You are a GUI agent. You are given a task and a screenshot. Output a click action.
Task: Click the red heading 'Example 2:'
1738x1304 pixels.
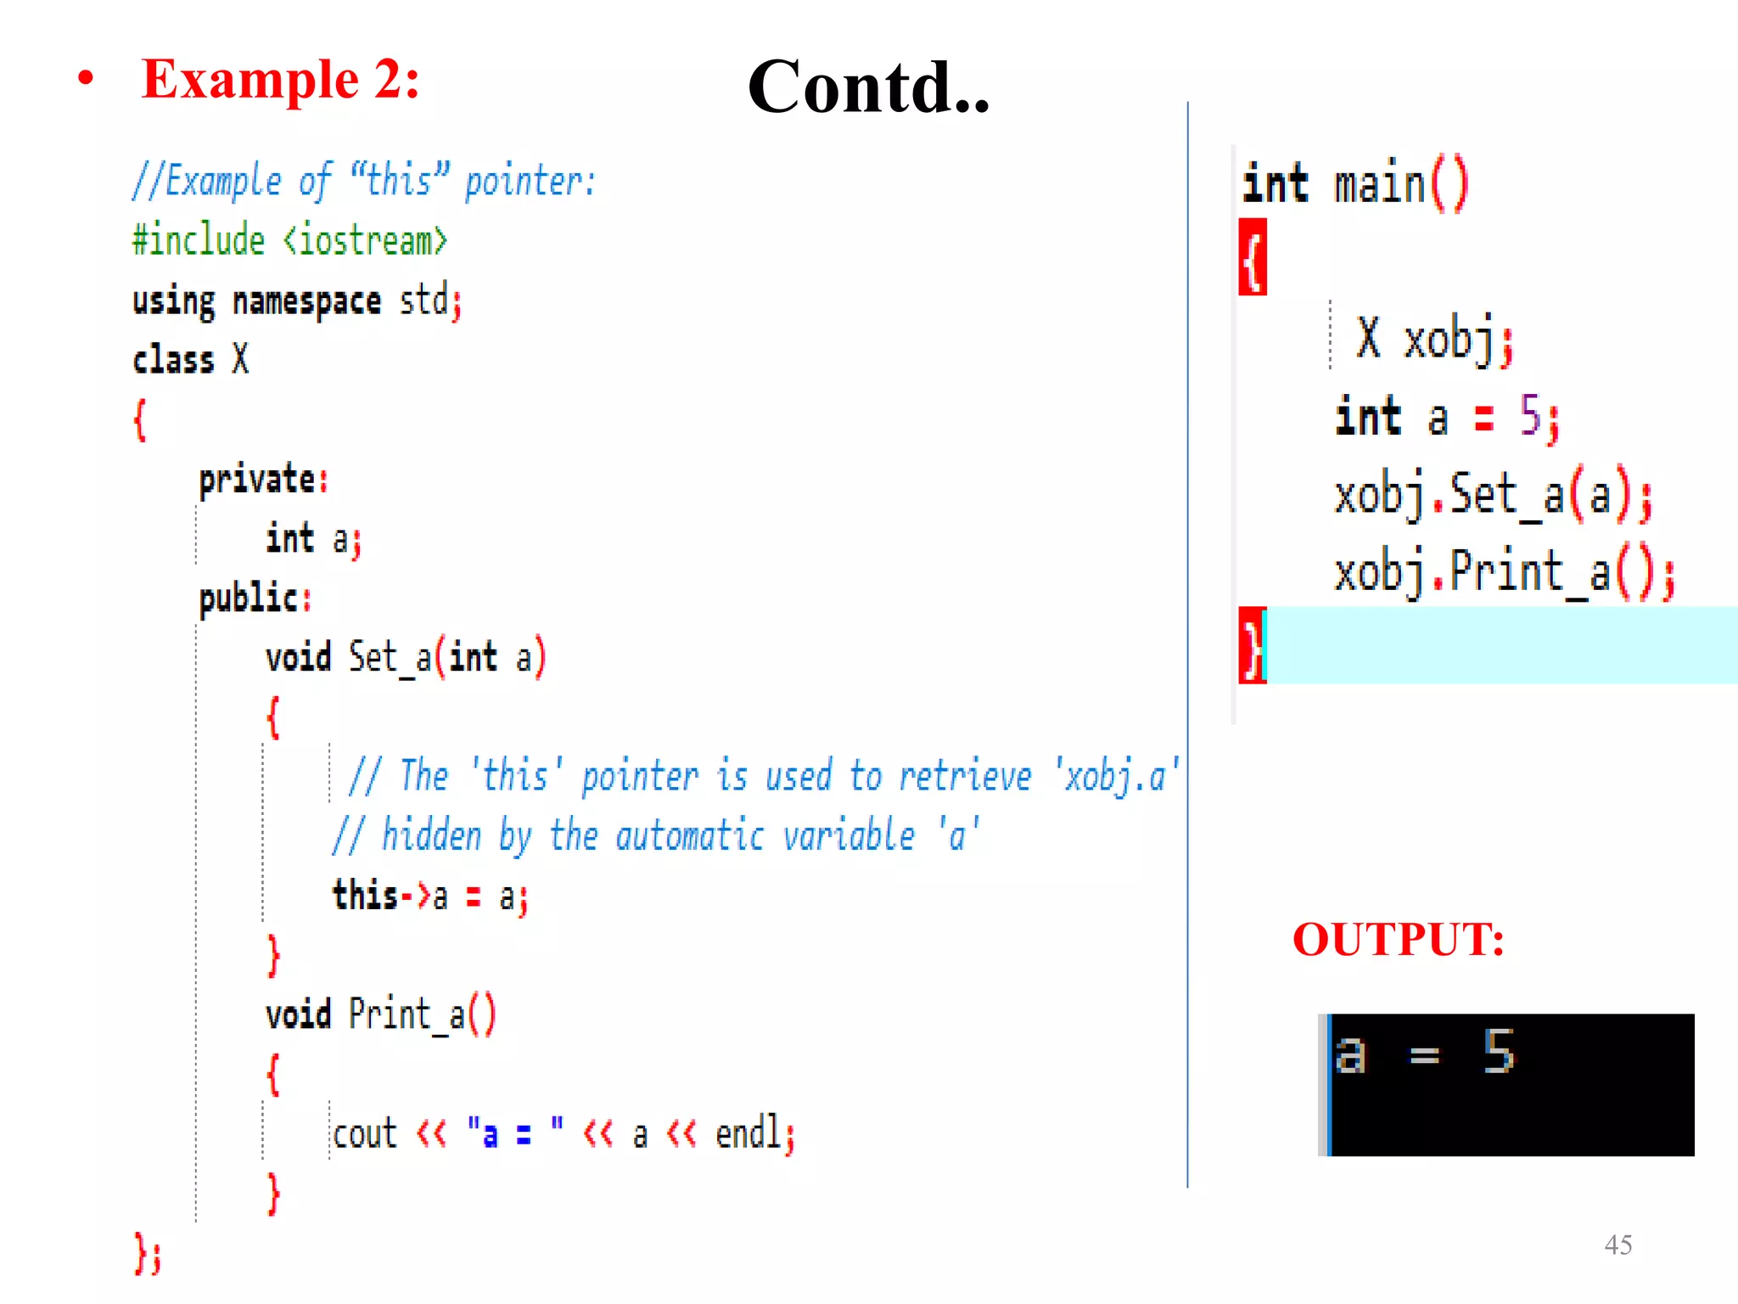[280, 80]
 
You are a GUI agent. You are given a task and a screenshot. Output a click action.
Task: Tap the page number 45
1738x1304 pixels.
[1617, 1245]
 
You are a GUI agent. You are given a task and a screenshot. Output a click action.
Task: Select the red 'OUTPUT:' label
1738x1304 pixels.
[1398, 939]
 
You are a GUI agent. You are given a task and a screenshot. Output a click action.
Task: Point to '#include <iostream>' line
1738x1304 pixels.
[289, 240]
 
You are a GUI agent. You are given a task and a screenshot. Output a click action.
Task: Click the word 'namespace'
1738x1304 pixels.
[306, 301]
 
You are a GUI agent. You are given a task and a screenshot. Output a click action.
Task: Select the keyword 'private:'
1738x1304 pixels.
[263, 480]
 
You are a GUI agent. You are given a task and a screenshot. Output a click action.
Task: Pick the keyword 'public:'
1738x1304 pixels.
[255, 599]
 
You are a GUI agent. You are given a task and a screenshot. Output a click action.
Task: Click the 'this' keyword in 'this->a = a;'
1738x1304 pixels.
[365, 896]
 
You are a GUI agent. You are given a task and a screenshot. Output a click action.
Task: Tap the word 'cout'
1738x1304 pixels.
[364, 1134]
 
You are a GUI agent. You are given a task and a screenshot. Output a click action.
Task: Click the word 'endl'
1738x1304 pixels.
[748, 1133]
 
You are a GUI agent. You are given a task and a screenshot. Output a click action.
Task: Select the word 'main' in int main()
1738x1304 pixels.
[1379, 185]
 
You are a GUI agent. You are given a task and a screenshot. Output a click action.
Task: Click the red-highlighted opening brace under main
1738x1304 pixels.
[1253, 257]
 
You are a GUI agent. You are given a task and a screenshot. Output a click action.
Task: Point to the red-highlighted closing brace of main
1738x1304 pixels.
[1252, 645]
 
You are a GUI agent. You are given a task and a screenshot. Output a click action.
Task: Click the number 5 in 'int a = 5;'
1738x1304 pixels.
[1529, 416]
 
